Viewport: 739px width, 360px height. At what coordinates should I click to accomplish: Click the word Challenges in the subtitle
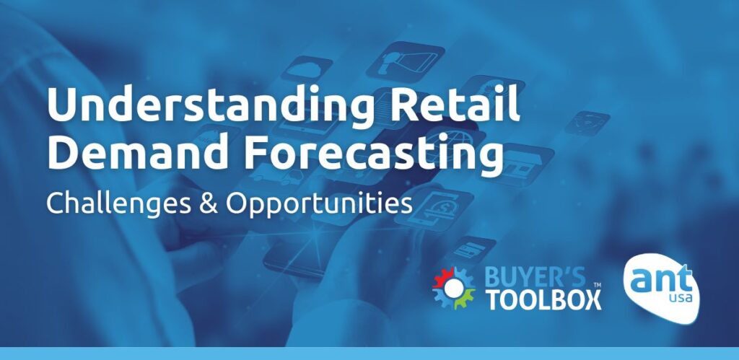116,203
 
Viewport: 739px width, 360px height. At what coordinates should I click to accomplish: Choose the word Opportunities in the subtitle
318,204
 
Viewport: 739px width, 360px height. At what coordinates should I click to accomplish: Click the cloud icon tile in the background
306,69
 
